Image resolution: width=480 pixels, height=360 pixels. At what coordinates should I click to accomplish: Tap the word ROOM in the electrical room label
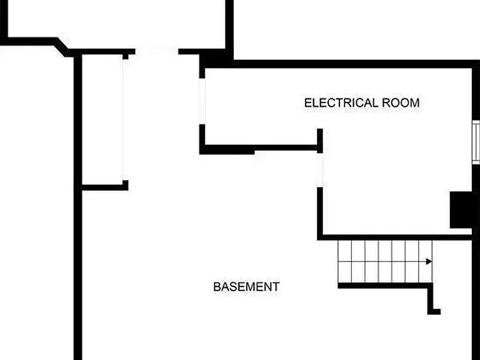point(401,102)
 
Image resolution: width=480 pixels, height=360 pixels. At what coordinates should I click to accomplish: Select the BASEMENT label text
point(246,287)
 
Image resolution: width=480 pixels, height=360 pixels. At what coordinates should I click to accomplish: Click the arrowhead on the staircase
point(429,261)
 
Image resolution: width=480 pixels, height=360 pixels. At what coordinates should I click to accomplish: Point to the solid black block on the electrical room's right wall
point(461,210)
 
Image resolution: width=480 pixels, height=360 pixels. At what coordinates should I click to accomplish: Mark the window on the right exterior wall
point(476,142)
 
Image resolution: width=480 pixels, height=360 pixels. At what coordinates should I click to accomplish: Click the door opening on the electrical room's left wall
point(202,101)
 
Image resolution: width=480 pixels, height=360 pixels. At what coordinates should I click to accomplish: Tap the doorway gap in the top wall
point(157,51)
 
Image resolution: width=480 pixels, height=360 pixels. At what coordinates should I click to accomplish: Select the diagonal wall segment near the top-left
point(62,47)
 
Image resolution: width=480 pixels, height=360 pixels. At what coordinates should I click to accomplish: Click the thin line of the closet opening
point(123,120)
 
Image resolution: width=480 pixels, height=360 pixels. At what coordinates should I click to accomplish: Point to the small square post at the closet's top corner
point(126,56)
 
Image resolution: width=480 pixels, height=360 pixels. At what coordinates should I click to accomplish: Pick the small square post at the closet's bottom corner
point(126,184)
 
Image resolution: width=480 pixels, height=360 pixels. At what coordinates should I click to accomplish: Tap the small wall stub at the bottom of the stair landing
point(434,312)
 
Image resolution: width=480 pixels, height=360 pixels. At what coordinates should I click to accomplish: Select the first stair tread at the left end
point(345,261)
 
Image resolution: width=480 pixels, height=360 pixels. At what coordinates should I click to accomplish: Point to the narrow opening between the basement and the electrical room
point(320,170)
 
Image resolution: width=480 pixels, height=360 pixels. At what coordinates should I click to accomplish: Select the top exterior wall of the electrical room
point(352,64)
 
